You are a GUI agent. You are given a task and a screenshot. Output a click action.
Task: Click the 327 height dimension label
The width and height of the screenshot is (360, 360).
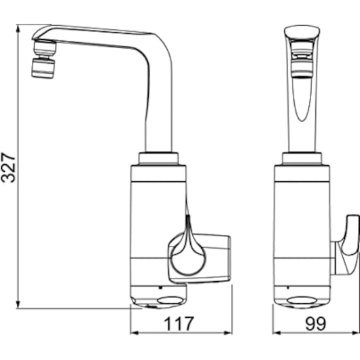[8, 167]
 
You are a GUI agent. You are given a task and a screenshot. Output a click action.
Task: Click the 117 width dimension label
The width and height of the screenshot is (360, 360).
[179, 324]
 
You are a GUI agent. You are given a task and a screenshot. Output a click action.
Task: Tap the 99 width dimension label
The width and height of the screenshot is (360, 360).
[316, 324]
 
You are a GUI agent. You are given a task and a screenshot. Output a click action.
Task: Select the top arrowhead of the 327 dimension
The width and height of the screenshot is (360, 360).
[18, 28]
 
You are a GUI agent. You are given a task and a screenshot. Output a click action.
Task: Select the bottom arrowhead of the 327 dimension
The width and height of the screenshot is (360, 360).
[18, 304]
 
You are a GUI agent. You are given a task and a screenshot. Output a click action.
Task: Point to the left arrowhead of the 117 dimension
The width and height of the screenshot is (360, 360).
[134, 333]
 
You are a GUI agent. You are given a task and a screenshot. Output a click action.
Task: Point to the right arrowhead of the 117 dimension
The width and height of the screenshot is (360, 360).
[228, 333]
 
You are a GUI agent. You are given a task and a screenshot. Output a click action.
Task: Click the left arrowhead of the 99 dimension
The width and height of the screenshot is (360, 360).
[277, 333]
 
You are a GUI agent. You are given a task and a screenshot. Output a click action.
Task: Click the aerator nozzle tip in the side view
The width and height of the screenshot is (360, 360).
[43, 68]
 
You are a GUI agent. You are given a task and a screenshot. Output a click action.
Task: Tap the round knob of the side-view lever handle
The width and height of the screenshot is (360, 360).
[187, 259]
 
